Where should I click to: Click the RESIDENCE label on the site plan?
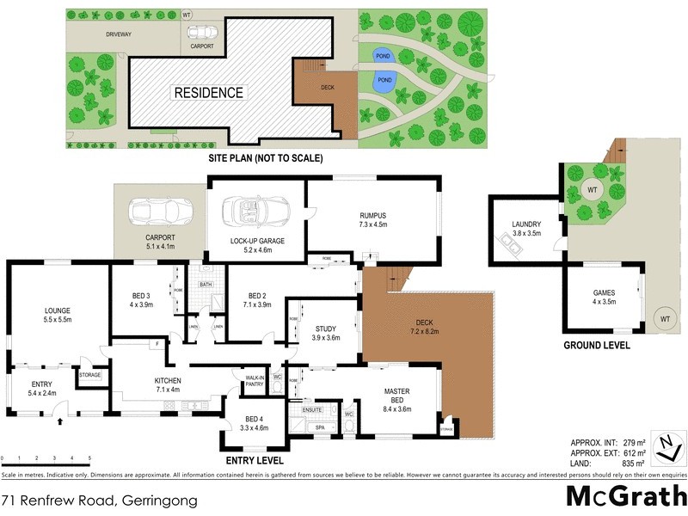(x=209, y=92)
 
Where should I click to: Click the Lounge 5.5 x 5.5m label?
(x=58, y=314)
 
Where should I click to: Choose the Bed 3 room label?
(x=142, y=299)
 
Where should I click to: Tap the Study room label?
(x=325, y=333)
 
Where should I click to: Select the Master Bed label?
(x=398, y=397)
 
